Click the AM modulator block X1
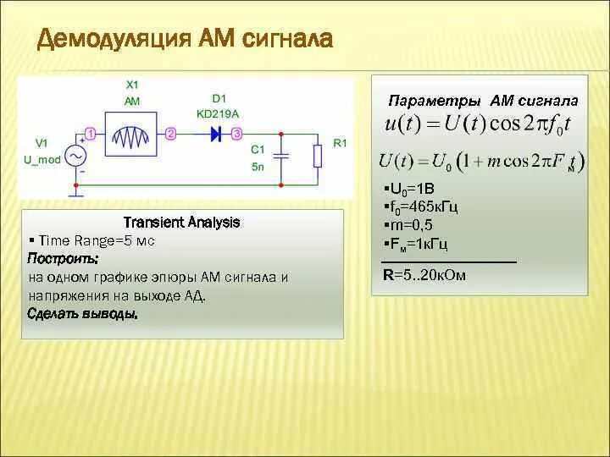pyautogui.click(x=131, y=134)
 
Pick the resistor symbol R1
pyautogui.click(x=317, y=157)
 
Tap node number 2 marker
pyautogui.click(x=170, y=133)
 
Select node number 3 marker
pyautogui.click(x=237, y=133)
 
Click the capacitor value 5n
pyautogui.click(x=258, y=166)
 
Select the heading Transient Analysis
pyautogui.click(x=182, y=223)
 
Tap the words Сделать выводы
pyautogui.click(x=82, y=313)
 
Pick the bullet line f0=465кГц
pyautogui.click(x=421, y=206)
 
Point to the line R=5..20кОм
pyautogui.click(x=424, y=275)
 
